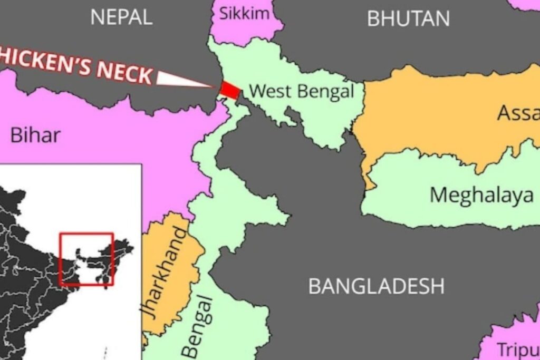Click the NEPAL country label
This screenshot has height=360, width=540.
121,17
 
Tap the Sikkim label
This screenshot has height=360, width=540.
244,13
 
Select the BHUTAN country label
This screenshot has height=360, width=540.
408,18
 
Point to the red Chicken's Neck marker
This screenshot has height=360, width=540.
229,89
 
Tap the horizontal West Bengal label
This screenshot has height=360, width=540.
301,91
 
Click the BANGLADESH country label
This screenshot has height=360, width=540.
376,286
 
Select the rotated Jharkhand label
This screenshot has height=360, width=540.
164,272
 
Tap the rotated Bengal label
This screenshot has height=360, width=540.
198,327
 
